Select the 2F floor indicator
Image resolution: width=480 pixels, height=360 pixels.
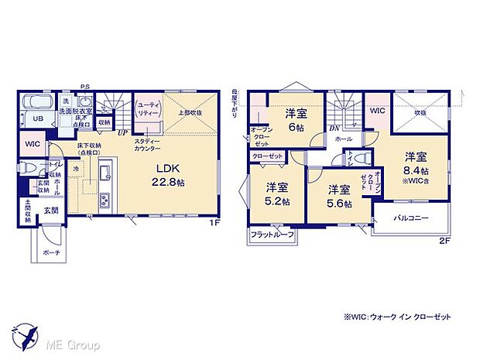(x=444, y=241)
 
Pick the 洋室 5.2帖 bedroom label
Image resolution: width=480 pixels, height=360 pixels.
(x=276, y=194)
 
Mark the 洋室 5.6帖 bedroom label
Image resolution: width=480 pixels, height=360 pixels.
(x=337, y=196)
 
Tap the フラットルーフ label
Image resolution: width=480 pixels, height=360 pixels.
(x=271, y=235)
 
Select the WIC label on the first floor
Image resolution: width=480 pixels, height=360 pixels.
(x=33, y=144)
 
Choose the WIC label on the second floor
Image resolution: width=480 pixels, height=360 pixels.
(x=378, y=111)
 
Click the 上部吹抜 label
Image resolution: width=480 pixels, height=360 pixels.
(x=190, y=111)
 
